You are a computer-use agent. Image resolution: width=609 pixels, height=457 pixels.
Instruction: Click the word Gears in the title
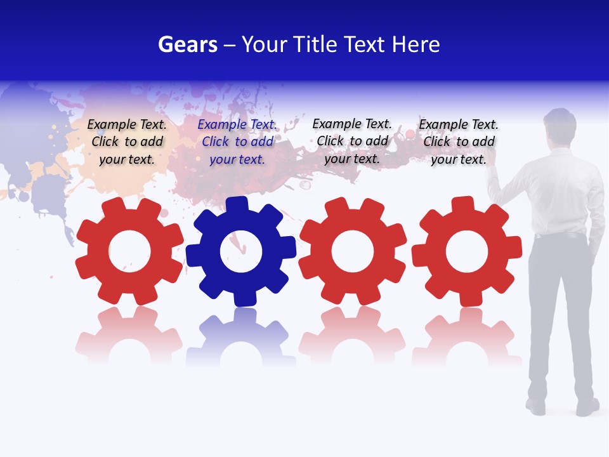point(188,44)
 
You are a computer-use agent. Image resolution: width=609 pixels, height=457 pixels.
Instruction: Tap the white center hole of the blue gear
point(241,251)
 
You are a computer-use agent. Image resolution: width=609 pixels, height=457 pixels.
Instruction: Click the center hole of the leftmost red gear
point(129,251)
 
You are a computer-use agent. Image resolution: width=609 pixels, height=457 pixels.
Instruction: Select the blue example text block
point(237,142)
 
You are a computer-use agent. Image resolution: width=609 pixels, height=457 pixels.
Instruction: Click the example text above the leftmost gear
point(127,142)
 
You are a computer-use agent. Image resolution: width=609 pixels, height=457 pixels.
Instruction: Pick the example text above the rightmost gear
point(459,142)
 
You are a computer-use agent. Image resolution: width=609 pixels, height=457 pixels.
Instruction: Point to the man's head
point(560,125)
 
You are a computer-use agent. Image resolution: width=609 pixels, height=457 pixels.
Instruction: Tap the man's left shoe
point(536,406)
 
